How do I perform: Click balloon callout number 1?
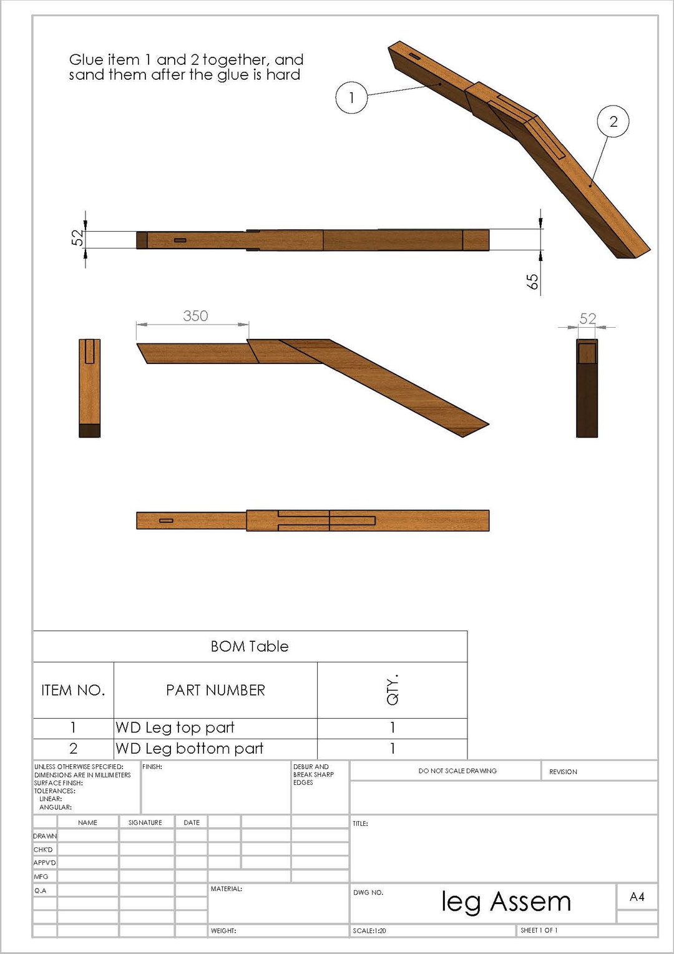(x=351, y=97)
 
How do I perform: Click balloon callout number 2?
(x=613, y=121)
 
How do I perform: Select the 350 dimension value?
(x=195, y=316)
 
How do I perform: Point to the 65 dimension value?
(x=532, y=282)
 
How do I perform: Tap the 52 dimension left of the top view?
(x=77, y=238)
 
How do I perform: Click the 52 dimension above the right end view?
(x=588, y=318)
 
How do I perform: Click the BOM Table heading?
(x=250, y=646)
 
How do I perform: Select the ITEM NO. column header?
(x=73, y=690)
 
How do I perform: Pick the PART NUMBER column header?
(x=215, y=690)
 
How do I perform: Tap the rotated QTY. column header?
(x=392, y=690)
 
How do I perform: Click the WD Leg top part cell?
(x=175, y=728)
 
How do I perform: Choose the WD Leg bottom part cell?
(x=189, y=749)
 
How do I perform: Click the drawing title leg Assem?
(x=506, y=902)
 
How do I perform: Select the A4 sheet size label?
(x=637, y=897)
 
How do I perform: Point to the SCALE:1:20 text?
(x=369, y=931)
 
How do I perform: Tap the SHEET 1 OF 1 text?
(x=539, y=930)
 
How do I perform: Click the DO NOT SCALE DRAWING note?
(x=457, y=771)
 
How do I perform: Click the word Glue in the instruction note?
(x=86, y=60)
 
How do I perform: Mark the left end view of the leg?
(x=89, y=388)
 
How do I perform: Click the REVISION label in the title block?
(x=563, y=772)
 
